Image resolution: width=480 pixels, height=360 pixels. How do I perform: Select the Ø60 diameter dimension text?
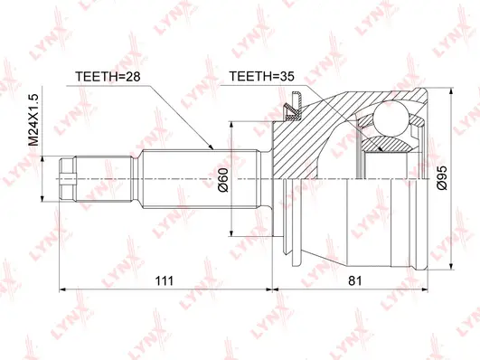(222, 185)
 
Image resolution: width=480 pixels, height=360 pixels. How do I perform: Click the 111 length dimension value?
(164, 281)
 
